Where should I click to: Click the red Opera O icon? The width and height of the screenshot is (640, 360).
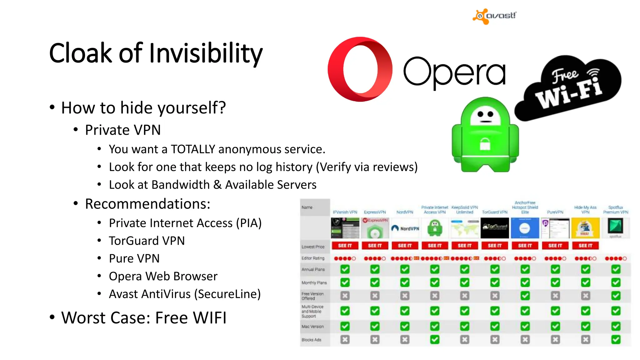click(x=360, y=69)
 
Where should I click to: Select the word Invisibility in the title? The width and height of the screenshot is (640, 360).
click(x=206, y=53)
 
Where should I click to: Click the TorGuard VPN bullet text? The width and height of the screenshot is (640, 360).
click(x=147, y=241)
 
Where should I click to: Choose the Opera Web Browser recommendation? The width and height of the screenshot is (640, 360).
click(x=163, y=277)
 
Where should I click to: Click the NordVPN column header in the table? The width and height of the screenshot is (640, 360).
click(x=405, y=212)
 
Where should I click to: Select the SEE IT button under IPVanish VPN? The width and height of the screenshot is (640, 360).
click(x=345, y=246)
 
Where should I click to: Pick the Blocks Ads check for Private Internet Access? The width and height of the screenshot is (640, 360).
click(x=435, y=339)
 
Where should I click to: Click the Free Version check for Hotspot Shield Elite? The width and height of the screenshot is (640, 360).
click(x=525, y=296)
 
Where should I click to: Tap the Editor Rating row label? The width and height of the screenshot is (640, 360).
click(x=313, y=258)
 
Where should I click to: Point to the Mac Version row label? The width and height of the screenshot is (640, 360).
click(x=312, y=327)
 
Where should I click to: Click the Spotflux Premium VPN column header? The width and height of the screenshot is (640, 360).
click(x=616, y=210)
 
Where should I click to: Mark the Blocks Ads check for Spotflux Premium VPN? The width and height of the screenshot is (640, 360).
click(x=616, y=339)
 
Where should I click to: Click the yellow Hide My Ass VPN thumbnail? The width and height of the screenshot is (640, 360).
click(x=585, y=228)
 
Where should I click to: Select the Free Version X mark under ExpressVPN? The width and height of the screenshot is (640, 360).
click(x=375, y=296)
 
